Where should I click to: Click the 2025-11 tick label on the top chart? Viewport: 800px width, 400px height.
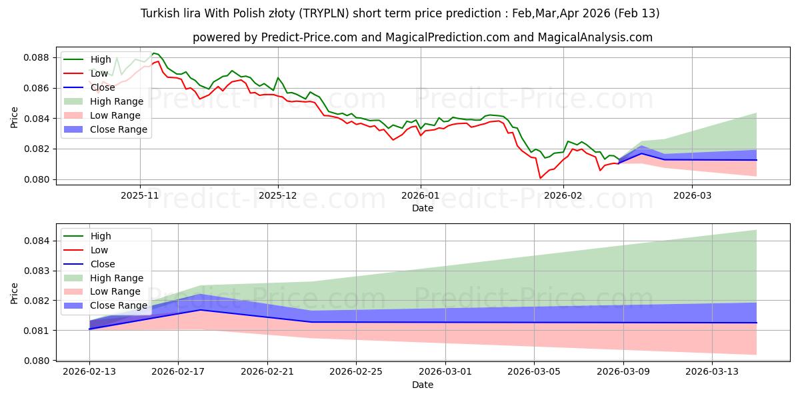tap(140, 197)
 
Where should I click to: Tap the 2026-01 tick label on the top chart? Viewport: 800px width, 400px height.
tap(420, 197)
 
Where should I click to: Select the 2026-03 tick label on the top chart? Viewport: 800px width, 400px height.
tap(692, 197)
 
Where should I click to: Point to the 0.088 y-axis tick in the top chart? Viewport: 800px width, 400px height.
tap(37, 57)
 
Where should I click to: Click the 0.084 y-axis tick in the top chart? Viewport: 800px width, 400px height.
tap(37, 119)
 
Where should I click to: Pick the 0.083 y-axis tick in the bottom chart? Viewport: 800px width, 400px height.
tap(37, 271)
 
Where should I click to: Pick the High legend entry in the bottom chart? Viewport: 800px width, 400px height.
tap(101, 236)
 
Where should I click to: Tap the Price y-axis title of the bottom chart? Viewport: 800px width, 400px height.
tap(15, 293)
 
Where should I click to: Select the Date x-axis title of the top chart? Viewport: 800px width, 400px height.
tap(423, 208)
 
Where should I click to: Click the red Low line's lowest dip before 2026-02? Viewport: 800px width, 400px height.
tap(540, 178)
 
